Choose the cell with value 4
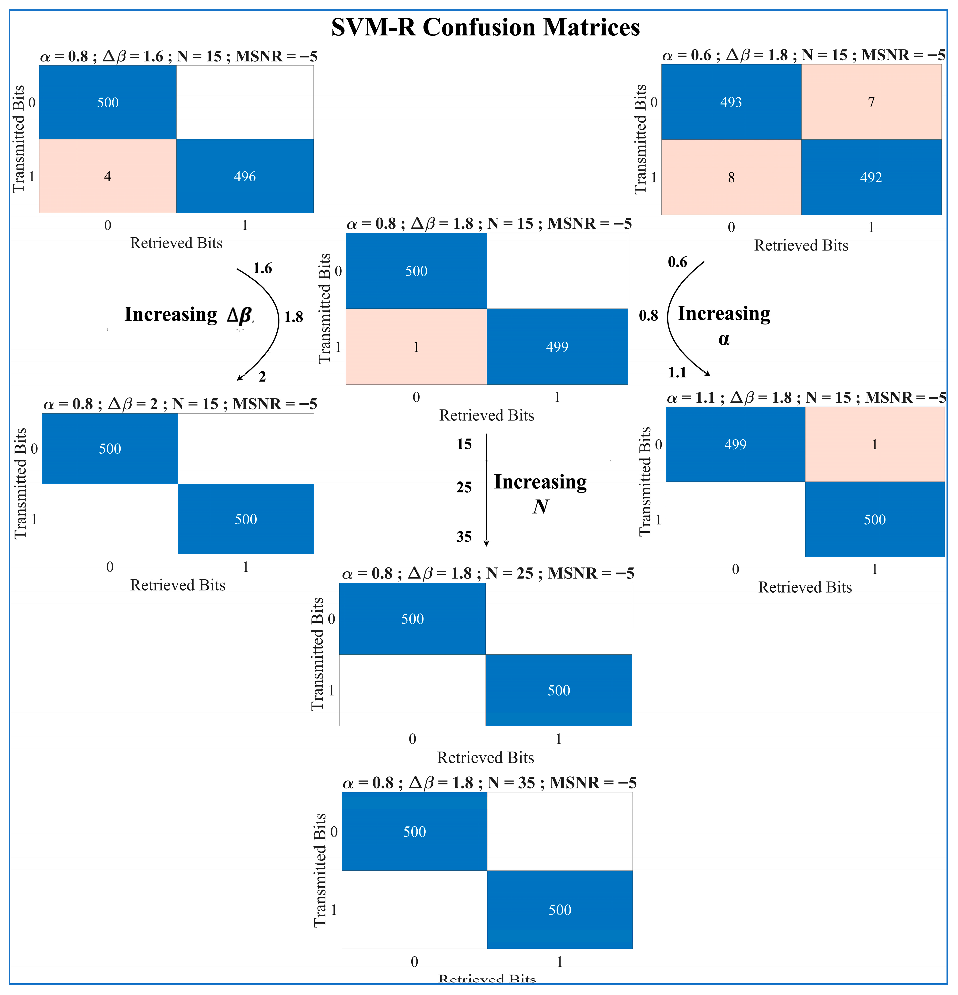point(107,176)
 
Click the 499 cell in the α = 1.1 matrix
point(735,444)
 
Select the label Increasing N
point(540,492)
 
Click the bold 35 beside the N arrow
point(464,536)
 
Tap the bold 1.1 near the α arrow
point(677,373)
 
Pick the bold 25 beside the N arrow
point(464,487)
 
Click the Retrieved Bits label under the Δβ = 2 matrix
point(178,585)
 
